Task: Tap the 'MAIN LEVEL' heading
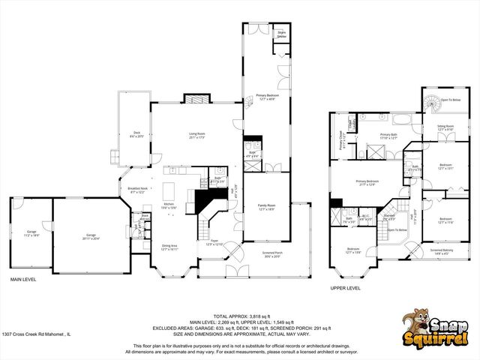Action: (25, 279)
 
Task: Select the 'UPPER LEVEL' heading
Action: (346, 287)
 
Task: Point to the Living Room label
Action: (198, 136)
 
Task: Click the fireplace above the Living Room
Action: (196, 99)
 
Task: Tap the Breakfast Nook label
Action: (137, 190)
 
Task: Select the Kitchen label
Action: (169, 205)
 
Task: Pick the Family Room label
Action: (267, 206)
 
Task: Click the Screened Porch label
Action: (271, 254)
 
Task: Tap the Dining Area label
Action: (169, 247)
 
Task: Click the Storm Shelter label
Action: (282, 34)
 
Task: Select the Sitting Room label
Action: (446, 128)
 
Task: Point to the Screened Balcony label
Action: (442, 251)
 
